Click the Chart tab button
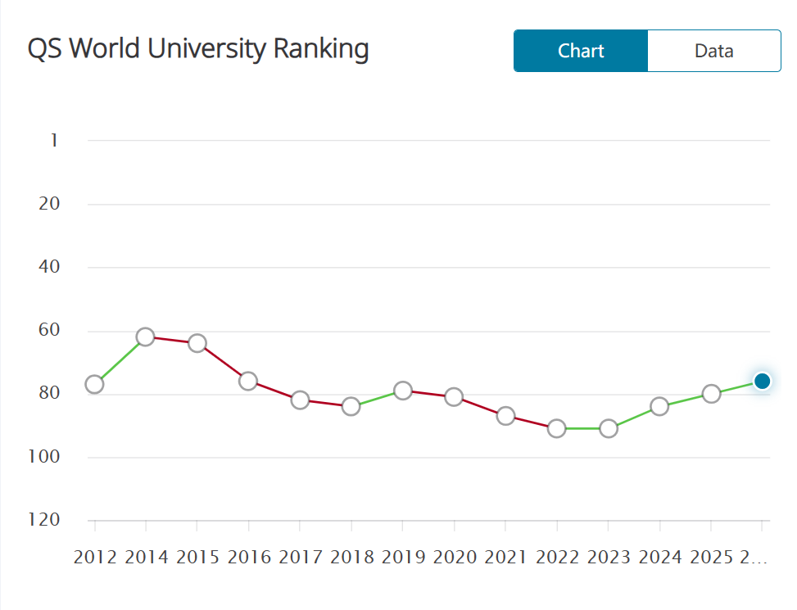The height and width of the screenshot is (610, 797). click(x=581, y=51)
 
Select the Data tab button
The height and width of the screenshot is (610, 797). click(x=713, y=51)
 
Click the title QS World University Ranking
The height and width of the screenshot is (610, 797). click(x=198, y=49)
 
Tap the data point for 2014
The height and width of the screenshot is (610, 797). click(x=146, y=337)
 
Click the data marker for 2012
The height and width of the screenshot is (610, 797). click(x=94, y=384)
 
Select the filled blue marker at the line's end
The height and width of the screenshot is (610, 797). click(x=762, y=381)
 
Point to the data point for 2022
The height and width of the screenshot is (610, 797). click(x=557, y=428)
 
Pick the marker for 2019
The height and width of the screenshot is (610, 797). click(x=402, y=391)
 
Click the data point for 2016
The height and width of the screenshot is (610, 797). click(x=248, y=381)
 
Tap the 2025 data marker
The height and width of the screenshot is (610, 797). click(x=711, y=394)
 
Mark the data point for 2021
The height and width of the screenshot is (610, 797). click(x=505, y=416)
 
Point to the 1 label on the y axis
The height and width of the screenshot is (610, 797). click(x=54, y=141)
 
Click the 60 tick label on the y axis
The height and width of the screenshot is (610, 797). click(x=49, y=331)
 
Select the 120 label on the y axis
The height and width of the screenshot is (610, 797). click(x=46, y=521)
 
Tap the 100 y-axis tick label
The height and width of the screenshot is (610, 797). click(x=46, y=457)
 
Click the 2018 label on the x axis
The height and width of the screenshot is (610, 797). click(x=351, y=558)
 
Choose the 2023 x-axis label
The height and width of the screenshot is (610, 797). click(x=609, y=558)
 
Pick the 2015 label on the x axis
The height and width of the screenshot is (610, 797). click(x=197, y=558)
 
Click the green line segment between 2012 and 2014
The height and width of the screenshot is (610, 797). click(x=120, y=361)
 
